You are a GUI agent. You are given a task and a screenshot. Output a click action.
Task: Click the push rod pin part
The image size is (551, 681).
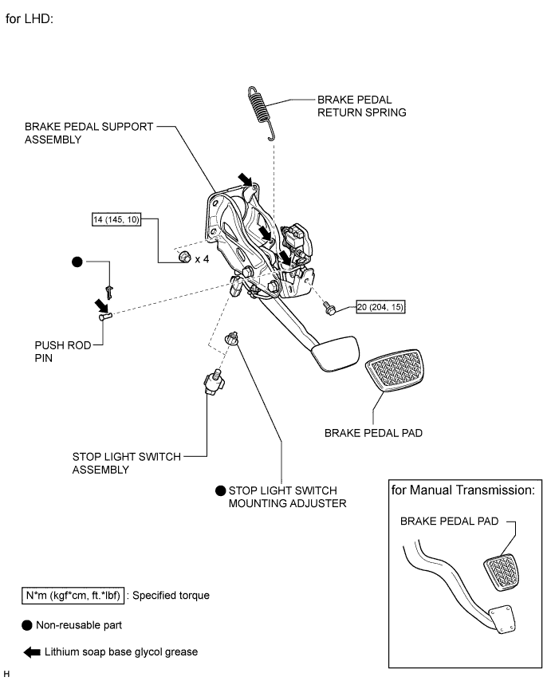point(105,316)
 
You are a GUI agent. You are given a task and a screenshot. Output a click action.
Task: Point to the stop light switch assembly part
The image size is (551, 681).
point(214,382)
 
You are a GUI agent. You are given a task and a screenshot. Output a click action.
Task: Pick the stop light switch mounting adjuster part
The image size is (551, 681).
point(232,338)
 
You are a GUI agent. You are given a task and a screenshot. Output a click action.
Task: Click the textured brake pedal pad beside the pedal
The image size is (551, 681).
point(395,369)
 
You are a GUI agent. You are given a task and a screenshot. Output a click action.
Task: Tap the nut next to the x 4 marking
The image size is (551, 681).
point(184,257)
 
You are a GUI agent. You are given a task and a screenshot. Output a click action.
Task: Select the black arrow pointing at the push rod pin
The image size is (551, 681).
point(101,305)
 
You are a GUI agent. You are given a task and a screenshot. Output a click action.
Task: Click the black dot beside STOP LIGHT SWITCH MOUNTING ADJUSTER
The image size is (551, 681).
point(221,490)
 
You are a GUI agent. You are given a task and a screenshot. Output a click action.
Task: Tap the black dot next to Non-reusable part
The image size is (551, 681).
point(27,625)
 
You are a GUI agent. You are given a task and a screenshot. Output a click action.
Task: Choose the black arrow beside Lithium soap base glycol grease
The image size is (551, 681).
point(32,652)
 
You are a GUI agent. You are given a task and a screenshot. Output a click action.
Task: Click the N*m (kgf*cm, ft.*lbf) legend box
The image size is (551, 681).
point(73,596)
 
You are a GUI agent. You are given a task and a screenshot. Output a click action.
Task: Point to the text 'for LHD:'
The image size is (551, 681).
point(29,18)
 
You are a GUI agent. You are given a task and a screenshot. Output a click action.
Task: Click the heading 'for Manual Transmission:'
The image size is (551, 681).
point(462,490)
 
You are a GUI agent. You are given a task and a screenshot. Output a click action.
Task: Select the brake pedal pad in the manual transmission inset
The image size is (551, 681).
point(502,572)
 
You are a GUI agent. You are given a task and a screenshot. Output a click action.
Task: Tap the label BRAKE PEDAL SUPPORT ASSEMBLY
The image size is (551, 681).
point(89,133)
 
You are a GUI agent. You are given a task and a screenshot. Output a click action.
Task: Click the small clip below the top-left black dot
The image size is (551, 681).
point(109,293)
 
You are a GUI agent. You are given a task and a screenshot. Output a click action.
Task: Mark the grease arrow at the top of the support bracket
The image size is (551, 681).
point(245,179)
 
